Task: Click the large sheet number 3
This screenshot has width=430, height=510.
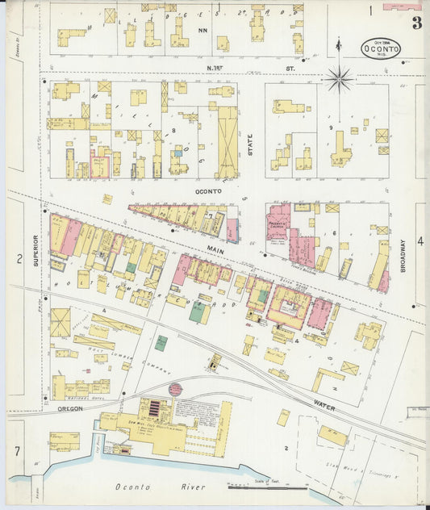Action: coord(415,23)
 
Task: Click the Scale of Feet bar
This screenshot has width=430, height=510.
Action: coord(266,487)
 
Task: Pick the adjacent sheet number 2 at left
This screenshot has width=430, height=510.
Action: coord(18,258)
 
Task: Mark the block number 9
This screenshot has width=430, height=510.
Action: coord(330,127)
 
